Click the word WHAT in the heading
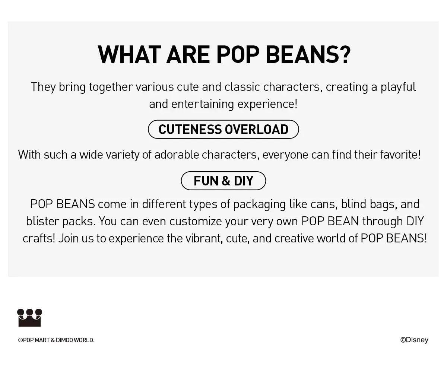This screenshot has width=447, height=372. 129,55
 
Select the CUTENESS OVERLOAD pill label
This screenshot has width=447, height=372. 223,129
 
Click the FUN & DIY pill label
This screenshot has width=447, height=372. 223,181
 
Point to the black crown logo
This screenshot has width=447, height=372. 29,318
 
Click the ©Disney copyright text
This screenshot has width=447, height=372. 414,340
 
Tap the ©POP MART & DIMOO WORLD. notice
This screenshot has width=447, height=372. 56,340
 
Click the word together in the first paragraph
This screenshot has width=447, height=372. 111,87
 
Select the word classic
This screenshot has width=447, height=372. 242,87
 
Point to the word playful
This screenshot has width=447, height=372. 398,87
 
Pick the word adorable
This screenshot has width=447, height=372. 177,155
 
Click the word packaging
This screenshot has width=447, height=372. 259,204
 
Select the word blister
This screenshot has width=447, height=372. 42,221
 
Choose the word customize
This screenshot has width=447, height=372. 196,221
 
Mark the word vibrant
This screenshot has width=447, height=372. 203,238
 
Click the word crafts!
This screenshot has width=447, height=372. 39,238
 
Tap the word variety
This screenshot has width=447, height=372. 123,155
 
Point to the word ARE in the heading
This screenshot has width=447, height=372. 188,55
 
